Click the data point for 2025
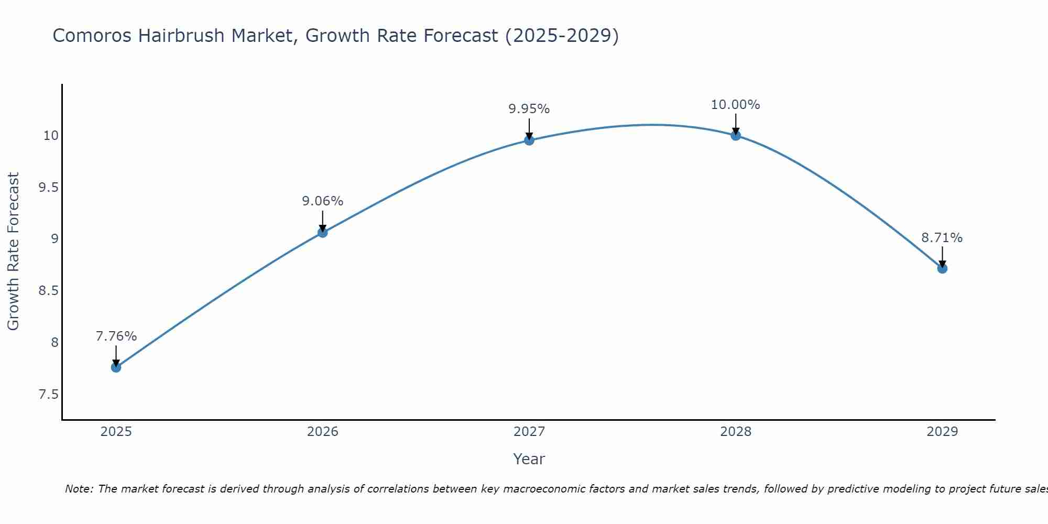click(x=116, y=367)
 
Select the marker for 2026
click(x=322, y=232)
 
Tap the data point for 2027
click(x=529, y=140)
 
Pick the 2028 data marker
click(x=736, y=135)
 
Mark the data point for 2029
click(x=942, y=268)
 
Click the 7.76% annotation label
click(x=116, y=336)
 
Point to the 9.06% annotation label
click(x=322, y=201)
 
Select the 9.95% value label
click(x=529, y=109)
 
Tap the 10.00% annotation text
click(x=735, y=105)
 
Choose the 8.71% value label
click(x=942, y=238)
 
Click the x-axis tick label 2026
click(x=322, y=432)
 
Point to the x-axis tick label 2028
click(x=736, y=432)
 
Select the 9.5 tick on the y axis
click(x=49, y=188)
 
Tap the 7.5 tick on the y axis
click(x=49, y=395)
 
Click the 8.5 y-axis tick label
click(x=49, y=291)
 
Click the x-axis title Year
click(x=529, y=459)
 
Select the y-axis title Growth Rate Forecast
click(x=13, y=251)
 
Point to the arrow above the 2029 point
click(x=942, y=257)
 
